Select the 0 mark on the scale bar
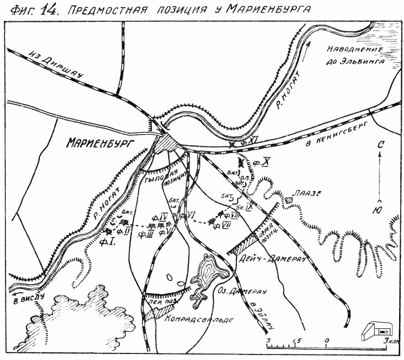pos(326,340)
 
